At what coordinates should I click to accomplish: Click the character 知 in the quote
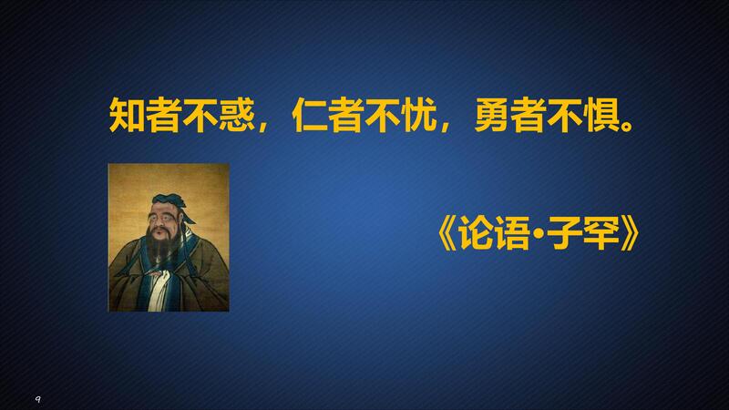coord(127,115)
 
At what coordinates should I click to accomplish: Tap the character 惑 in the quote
coord(237,115)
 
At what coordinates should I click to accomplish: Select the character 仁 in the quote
coord(310,115)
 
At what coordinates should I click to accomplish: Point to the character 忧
coord(419,115)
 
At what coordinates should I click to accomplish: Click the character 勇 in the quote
coord(492,115)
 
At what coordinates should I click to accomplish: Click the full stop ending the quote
coord(627,126)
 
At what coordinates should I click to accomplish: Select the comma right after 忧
coord(445,127)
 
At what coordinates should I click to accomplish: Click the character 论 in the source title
coord(476,234)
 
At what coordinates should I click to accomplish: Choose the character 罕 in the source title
coord(601,234)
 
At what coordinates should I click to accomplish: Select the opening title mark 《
coord(447,234)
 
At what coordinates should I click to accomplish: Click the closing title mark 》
coord(630,234)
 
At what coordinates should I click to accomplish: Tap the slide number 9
coord(38,399)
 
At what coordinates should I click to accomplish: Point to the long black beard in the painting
coord(161,246)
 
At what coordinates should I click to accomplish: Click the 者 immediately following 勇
coord(529,115)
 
